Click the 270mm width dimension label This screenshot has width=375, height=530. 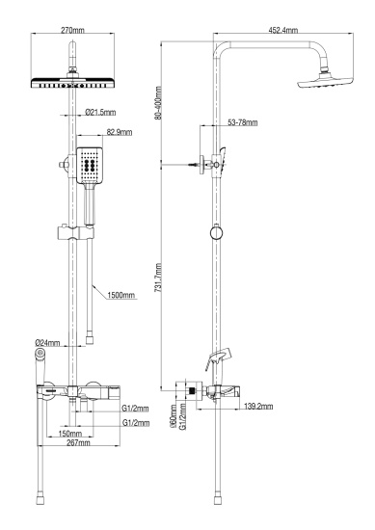point(72,32)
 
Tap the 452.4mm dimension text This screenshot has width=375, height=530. point(282,32)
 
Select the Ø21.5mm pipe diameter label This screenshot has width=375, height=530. point(102,113)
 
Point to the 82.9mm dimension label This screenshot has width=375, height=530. point(120,132)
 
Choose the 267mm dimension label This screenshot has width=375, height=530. point(77,443)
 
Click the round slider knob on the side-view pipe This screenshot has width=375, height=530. point(218,233)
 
